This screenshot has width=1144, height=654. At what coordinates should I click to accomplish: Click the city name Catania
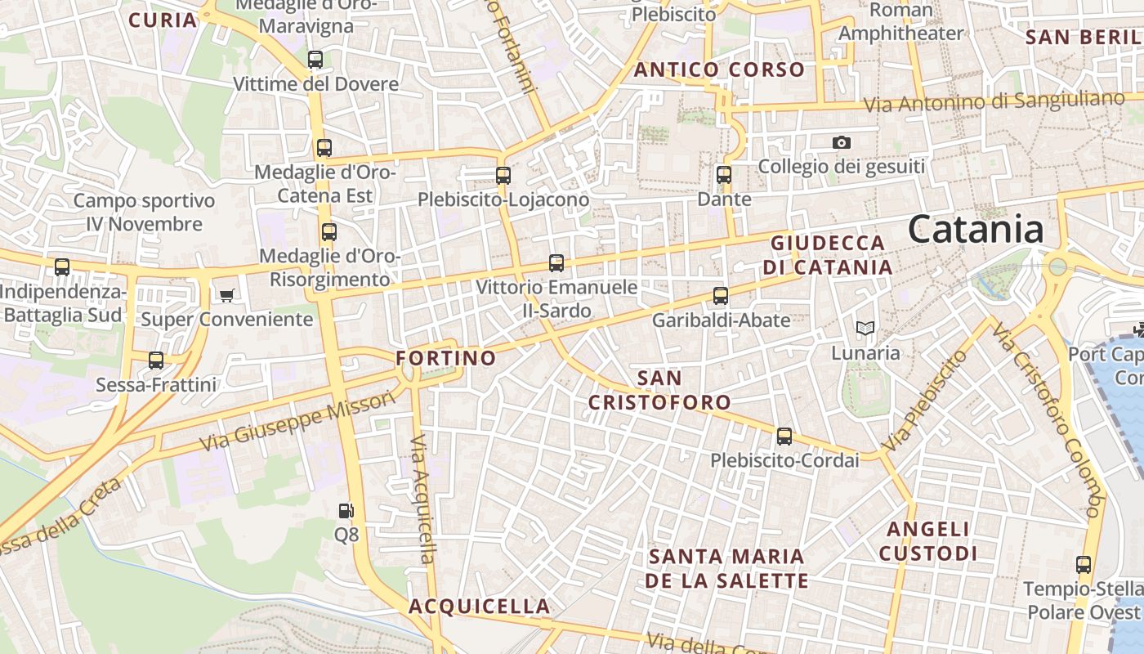click(976, 230)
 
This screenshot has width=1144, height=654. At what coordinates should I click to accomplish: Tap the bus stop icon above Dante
click(724, 175)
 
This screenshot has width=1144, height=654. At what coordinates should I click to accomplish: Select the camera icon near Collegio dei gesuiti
click(842, 143)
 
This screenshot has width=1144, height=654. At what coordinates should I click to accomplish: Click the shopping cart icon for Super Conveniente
click(226, 295)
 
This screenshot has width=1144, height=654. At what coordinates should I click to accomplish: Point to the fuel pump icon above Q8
click(346, 511)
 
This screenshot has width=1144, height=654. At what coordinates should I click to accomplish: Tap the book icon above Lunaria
click(865, 329)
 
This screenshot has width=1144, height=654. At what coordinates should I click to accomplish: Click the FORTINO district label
click(446, 358)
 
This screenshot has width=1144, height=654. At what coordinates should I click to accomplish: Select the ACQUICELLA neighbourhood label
click(479, 607)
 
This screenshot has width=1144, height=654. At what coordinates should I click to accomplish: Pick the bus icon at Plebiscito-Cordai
click(784, 437)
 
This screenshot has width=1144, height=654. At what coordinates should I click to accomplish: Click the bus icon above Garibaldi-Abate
click(721, 296)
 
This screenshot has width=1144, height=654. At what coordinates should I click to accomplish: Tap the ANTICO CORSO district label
click(720, 70)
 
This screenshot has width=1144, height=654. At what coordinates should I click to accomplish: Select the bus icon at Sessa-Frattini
click(156, 361)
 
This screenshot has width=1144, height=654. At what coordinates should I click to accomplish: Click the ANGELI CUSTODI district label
click(928, 541)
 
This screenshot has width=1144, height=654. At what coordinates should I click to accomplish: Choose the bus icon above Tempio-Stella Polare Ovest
click(1084, 565)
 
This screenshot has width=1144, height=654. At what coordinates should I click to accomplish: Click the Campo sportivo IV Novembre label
click(144, 213)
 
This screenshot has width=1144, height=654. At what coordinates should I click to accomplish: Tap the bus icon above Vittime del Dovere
click(315, 60)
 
